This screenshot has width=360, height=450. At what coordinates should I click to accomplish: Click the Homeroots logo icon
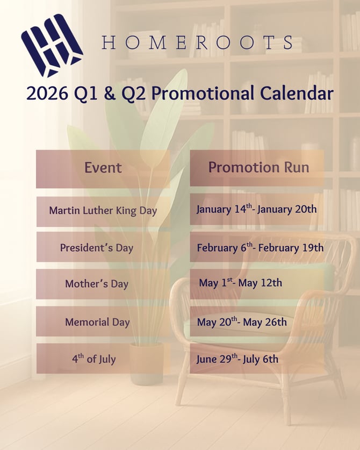pos(52,45)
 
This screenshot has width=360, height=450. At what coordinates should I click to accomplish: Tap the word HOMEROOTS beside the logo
pos(198,43)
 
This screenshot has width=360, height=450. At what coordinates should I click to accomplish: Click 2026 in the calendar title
pos(47,93)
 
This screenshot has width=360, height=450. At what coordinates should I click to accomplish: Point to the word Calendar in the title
pos(297,93)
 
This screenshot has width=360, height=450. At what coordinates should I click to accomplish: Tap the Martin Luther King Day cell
pos(103,211)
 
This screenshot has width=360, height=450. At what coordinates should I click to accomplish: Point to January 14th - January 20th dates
pos(256,209)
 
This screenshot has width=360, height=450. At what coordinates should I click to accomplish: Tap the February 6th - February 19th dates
pos(260,248)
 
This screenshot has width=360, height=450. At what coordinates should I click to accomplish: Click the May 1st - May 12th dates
pos(240,283)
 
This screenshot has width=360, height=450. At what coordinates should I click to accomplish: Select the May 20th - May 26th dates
pos(242,322)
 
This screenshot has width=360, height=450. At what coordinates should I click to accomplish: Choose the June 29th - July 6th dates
pos(237,359)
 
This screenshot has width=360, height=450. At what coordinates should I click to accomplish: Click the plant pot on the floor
pos(147,364)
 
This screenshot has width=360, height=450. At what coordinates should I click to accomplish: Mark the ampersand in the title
pos(109,94)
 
